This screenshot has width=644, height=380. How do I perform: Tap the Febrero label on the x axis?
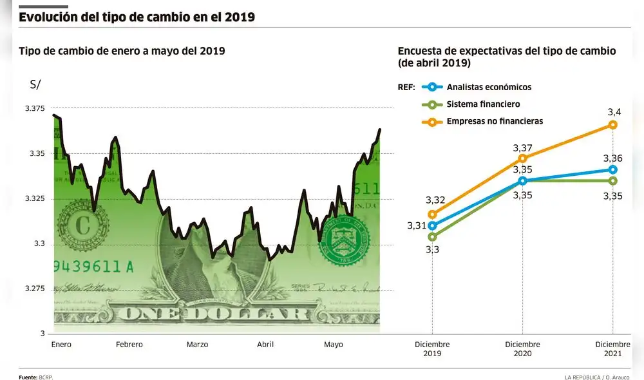click(129, 345)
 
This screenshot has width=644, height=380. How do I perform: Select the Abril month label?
click(265, 345)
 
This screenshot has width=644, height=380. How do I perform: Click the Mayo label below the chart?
click(334, 345)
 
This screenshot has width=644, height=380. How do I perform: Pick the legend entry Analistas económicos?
click(489, 87)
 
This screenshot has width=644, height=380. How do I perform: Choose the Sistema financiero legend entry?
click(483, 104)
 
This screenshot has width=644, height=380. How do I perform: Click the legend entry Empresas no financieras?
click(495, 121)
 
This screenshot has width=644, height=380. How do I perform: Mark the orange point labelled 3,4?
click(613, 124)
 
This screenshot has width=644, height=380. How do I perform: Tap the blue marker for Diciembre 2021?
click(613, 169)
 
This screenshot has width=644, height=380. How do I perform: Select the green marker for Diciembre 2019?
click(432, 236)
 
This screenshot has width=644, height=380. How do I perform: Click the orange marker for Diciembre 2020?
click(523, 158)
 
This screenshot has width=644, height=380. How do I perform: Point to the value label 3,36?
click(613, 158)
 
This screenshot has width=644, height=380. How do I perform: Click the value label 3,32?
click(435, 200)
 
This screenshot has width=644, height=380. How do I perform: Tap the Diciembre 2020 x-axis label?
click(523, 349)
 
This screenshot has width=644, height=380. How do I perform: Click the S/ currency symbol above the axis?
click(35, 84)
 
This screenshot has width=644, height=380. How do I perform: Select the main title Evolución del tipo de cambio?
click(137, 17)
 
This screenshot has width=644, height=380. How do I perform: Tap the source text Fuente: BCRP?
click(35, 376)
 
